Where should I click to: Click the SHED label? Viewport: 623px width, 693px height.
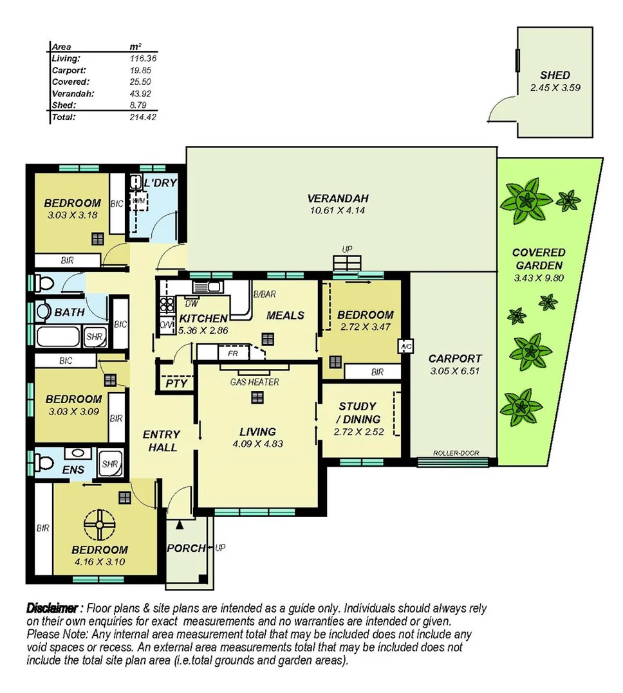555,75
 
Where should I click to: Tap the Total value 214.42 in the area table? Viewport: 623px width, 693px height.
143,117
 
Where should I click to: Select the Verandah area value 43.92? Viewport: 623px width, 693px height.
143,94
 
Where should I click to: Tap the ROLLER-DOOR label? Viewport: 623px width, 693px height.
456,453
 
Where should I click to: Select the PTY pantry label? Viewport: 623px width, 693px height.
176,384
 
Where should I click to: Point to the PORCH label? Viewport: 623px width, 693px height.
186,548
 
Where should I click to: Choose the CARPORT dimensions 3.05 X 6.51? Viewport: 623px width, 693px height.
456,371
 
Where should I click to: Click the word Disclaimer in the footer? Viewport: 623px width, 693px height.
54,607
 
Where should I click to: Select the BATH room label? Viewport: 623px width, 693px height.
70,312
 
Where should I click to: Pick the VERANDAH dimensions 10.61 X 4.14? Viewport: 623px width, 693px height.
337,210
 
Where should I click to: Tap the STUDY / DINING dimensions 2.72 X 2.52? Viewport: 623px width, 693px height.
358,432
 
